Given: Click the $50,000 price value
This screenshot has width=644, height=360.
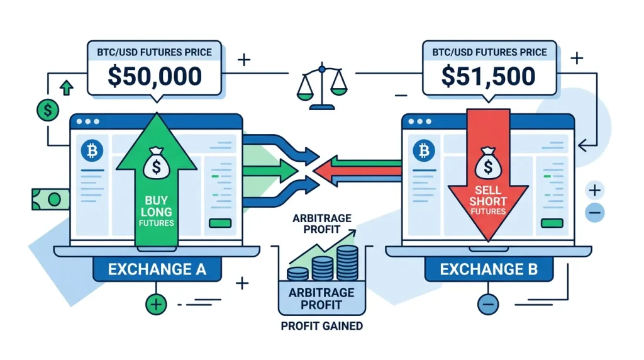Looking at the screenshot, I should point(155,76).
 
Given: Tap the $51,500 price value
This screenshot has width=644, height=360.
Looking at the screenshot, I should point(488,76).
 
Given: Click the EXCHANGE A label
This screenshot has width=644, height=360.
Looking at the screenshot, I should point(157,269).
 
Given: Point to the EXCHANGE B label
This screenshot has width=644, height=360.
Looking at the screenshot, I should point(488,269).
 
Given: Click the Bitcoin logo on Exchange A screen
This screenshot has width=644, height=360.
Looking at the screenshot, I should point(92,152).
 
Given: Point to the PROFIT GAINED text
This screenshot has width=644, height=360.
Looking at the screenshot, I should point(322,326).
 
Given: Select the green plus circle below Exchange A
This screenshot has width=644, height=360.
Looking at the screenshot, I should point(155,305).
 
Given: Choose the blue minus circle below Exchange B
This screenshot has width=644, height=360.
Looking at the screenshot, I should point(488,305).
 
